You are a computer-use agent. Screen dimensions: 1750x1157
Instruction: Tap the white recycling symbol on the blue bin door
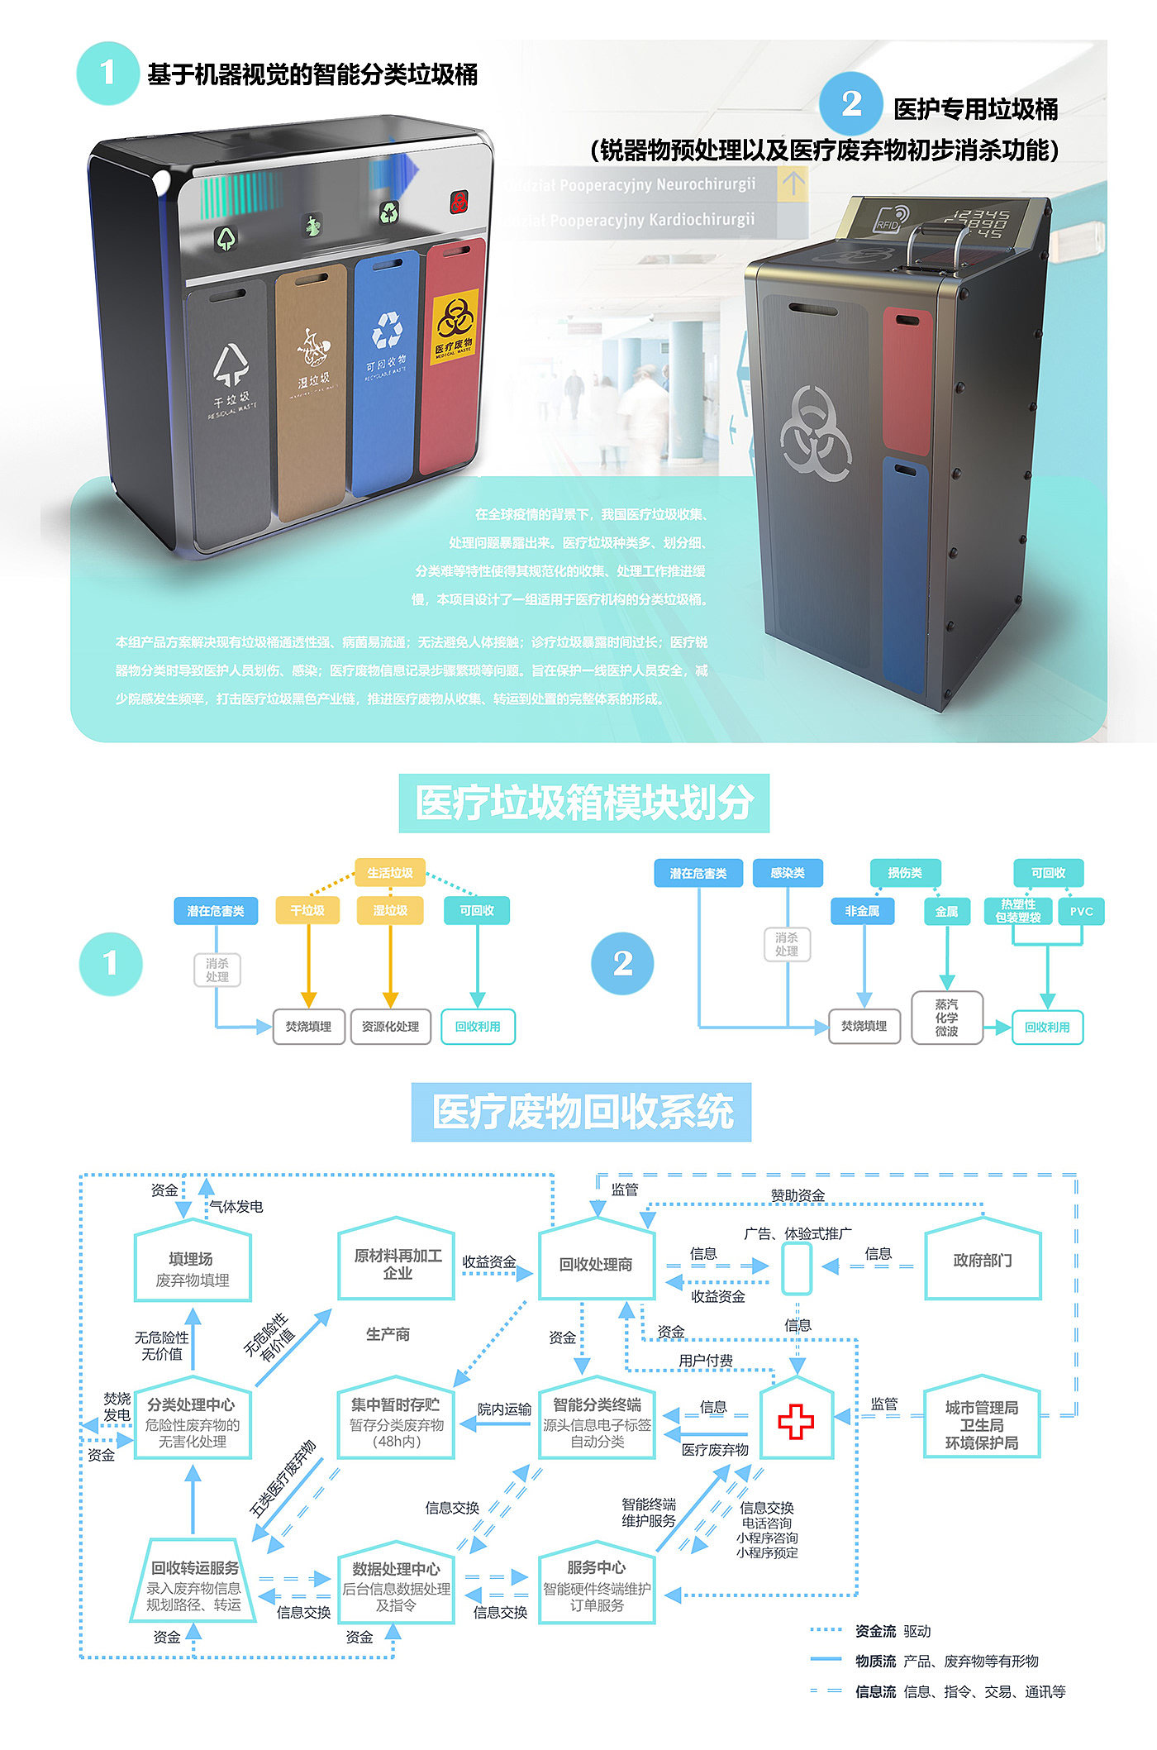point(387,330)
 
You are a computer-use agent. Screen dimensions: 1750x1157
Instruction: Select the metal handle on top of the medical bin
point(935,241)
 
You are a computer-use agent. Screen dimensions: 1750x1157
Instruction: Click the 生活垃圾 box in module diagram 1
point(390,873)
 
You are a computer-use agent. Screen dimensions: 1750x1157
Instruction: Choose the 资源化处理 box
point(390,1027)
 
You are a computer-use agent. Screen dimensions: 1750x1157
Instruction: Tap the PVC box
point(1081,911)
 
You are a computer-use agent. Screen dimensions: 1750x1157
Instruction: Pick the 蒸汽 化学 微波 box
point(946,1018)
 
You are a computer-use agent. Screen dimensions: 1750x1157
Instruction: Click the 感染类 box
point(787,873)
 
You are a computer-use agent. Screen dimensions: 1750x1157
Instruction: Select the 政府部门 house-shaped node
point(982,1260)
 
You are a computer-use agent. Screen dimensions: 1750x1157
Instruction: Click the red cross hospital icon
point(796,1421)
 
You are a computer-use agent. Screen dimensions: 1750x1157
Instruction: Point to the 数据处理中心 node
point(396,1584)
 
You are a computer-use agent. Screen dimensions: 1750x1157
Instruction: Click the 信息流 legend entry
point(875,1691)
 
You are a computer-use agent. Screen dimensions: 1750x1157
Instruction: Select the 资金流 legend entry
point(875,1631)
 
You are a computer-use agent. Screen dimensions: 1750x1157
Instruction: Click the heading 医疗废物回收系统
point(582,1112)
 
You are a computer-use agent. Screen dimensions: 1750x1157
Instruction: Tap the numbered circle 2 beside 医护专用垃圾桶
point(851,103)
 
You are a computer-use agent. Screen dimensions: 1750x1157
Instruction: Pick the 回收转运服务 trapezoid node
point(193,1584)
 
